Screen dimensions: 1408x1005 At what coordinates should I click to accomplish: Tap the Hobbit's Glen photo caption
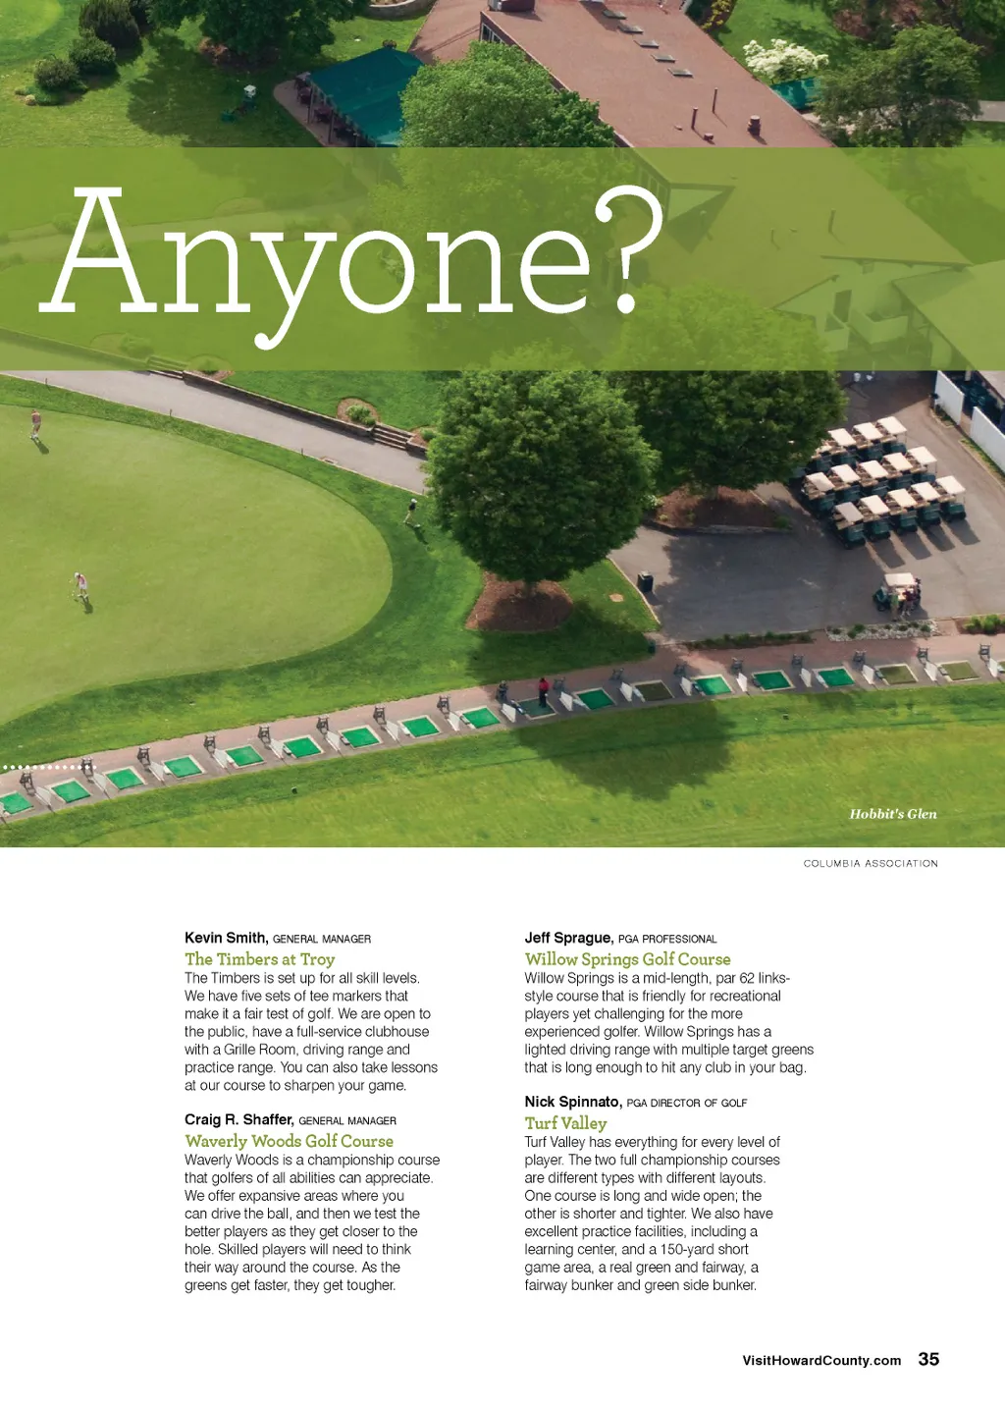click(892, 814)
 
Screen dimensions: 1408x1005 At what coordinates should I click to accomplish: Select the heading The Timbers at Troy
click(260, 959)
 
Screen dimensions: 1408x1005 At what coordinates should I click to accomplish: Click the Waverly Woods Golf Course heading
click(289, 1141)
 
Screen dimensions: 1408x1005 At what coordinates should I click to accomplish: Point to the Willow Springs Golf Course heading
click(627, 959)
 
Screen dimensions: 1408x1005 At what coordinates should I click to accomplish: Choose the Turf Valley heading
click(565, 1123)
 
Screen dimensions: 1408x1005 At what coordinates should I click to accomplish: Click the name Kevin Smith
click(226, 938)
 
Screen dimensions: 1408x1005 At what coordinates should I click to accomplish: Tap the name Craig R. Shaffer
click(238, 1119)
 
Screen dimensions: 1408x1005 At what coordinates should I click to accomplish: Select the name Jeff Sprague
click(568, 938)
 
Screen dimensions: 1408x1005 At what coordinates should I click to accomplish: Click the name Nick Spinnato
click(572, 1102)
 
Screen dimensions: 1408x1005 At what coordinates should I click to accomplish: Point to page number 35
click(928, 1359)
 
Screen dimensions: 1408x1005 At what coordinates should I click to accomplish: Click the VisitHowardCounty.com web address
click(821, 1361)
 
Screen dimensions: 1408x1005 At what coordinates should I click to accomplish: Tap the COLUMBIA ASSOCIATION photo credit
click(871, 864)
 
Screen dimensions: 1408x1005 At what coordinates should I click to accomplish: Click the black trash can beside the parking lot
click(645, 582)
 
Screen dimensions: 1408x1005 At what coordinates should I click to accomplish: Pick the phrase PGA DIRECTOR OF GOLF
click(687, 1103)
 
